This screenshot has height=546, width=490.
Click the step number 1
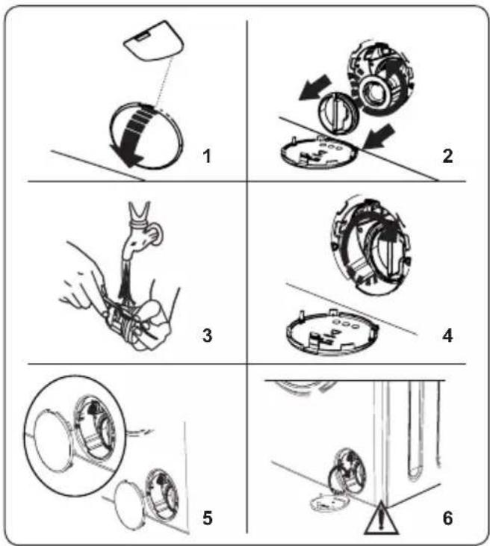[207, 155]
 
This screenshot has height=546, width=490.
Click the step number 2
[447, 155]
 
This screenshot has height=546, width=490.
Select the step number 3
[207, 335]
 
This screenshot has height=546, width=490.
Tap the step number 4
[447, 335]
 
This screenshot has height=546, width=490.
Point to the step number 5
[207, 518]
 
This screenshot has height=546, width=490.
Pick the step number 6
[447, 518]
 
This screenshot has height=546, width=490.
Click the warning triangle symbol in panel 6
[381, 519]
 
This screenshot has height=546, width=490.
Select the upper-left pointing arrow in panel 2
[314, 87]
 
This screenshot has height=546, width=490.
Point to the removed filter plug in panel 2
[336, 113]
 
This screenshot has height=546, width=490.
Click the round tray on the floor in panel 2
[320, 152]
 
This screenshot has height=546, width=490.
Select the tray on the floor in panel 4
[332, 332]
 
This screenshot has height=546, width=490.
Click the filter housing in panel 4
[370, 246]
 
